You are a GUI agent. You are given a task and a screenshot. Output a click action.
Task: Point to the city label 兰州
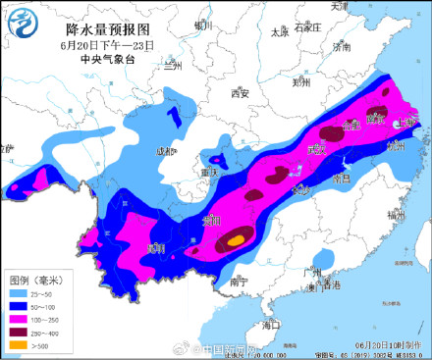(174, 66)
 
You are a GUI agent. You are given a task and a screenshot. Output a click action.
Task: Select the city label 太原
(280, 31)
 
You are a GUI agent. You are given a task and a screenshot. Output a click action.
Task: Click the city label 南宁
(237, 282)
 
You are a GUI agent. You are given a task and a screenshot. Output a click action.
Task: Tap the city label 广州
(313, 273)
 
